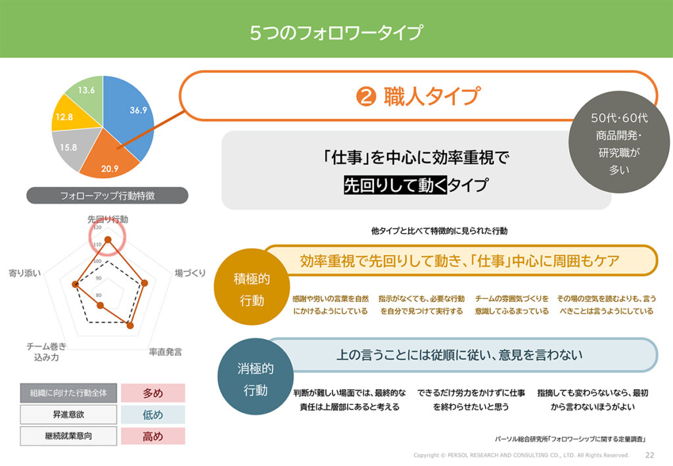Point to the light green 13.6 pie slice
point(86,92)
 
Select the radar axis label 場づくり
point(191,273)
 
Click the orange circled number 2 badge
point(365,97)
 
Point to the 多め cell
point(152,393)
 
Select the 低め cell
point(152,415)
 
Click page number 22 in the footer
point(650,455)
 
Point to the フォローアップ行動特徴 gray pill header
point(107,195)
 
